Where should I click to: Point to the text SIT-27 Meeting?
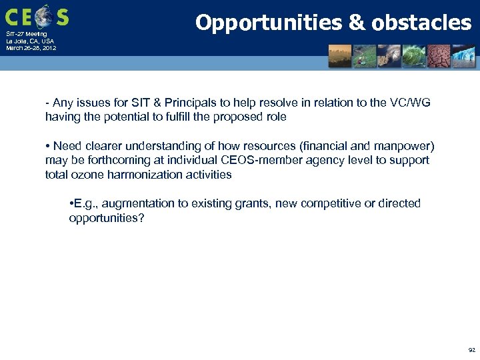26,34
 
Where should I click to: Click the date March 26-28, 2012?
31,48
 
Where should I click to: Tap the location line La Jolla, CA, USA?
30,41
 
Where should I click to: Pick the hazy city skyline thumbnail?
339,56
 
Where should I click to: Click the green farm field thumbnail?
364,56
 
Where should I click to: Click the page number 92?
471,349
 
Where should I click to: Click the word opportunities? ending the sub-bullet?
106,218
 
